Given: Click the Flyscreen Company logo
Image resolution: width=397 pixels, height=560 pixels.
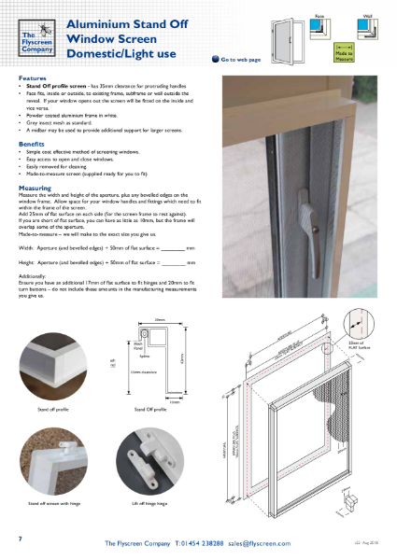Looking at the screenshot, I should pos(42,36).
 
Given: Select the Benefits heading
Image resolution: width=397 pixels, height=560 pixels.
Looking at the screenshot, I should pos(32,145).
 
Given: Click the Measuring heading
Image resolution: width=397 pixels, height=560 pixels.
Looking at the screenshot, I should pos(35,188).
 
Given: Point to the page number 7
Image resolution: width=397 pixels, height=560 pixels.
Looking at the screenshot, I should pos(21,539).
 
